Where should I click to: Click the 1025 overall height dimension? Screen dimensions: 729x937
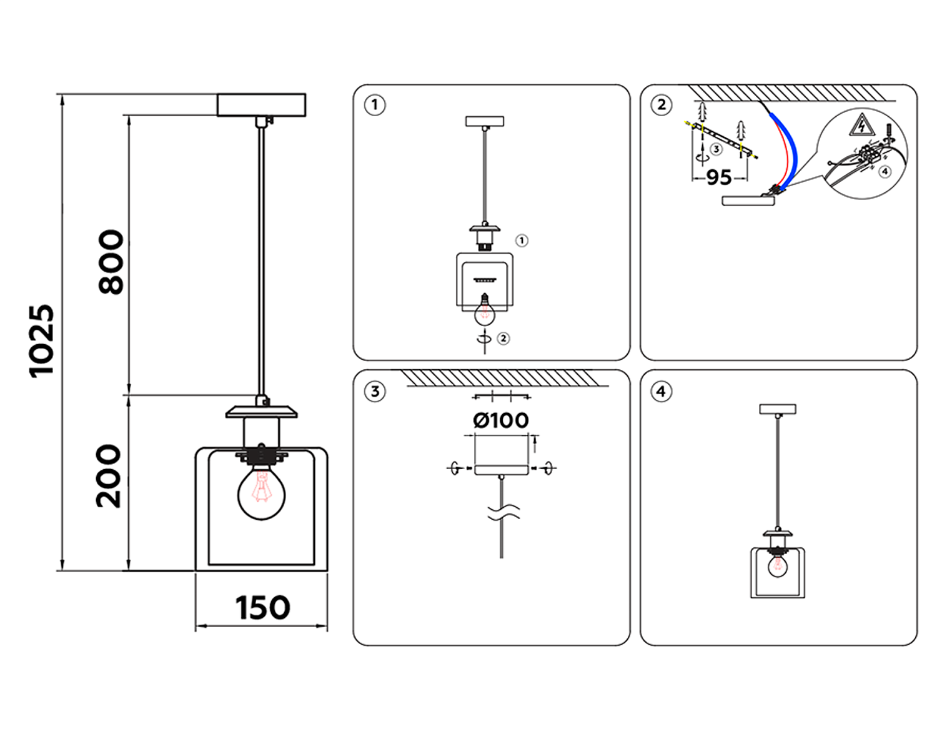42,341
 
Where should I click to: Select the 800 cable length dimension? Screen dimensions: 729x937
112,262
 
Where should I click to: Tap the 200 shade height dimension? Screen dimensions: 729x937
109,476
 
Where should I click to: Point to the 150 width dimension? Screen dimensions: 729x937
262,608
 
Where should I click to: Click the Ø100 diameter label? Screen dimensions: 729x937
501,420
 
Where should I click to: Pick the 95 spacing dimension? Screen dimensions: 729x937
718,177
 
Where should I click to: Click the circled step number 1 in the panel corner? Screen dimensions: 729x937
375,105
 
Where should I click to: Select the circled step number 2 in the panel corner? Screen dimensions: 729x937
662,105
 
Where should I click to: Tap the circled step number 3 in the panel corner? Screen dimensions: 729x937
375,392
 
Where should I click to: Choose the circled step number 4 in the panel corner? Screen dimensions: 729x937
662,392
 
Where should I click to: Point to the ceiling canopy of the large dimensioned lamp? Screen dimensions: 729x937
261,105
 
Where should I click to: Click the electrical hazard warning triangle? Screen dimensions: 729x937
861,126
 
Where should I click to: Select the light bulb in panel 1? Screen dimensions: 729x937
484,311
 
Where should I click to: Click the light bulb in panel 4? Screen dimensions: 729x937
778,566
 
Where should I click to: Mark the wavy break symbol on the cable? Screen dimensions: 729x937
503,513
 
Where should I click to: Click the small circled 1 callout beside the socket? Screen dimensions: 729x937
522,241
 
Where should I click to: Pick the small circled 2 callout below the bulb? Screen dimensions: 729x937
503,339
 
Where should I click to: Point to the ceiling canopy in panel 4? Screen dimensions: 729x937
778,409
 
